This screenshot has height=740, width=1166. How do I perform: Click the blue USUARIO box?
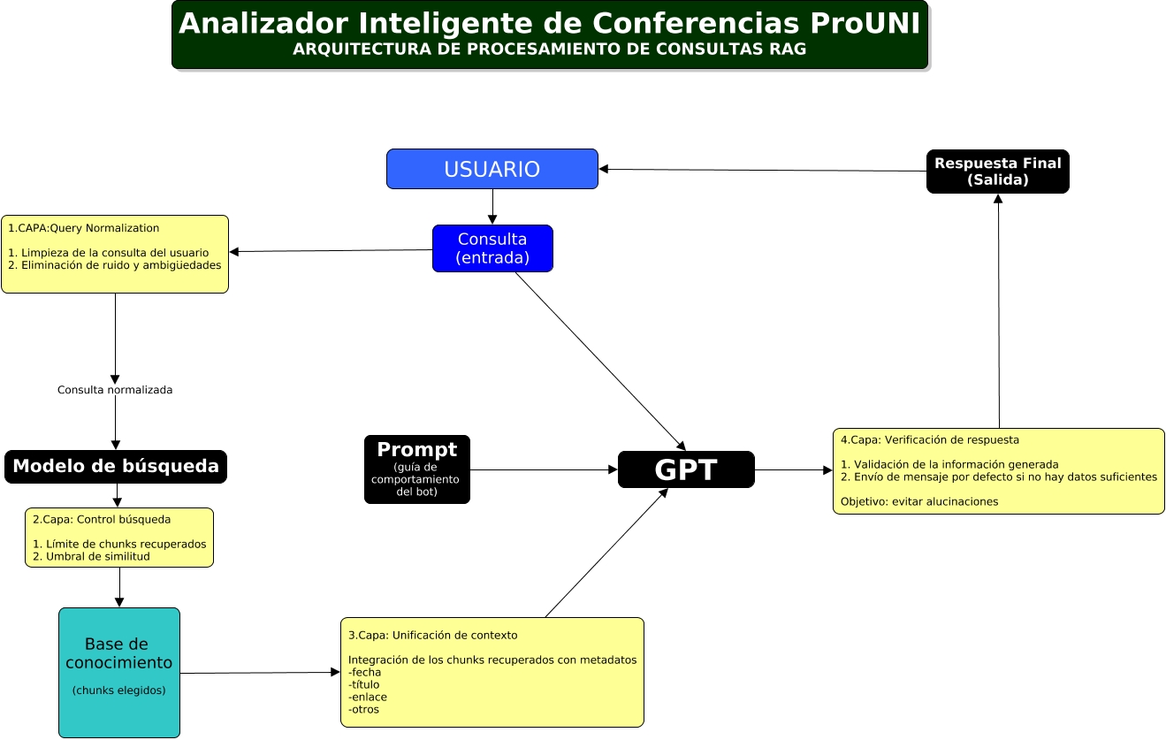pos(492,169)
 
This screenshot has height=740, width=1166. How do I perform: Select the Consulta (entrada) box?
pos(492,248)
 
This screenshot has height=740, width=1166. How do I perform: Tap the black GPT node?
pos(686,469)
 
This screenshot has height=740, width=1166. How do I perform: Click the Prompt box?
pos(417,469)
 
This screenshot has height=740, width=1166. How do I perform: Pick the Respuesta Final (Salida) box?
pos(997,172)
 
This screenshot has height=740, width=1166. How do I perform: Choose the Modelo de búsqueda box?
pos(116,467)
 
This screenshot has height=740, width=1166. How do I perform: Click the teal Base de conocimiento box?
pos(119,672)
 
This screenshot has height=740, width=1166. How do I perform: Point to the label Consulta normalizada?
pos(115,390)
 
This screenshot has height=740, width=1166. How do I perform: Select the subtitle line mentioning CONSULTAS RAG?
pos(549,50)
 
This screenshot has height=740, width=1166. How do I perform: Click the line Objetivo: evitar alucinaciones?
pos(919,501)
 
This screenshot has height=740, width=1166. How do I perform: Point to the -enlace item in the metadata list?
pos(368,697)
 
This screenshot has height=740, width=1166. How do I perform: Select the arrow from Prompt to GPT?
pos(544,469)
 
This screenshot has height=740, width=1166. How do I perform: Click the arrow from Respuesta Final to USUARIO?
pos(762,171)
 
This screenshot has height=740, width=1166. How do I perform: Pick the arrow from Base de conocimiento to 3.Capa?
pos(260,673)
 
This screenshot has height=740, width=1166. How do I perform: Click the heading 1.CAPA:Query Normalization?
pos(83,228)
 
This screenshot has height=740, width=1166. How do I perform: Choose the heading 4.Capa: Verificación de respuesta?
pos(930,439)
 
